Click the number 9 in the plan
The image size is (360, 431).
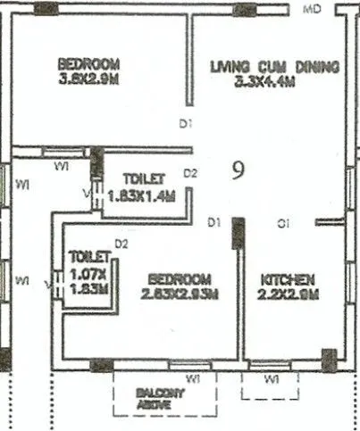click(238, 170)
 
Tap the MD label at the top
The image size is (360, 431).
click(312, 9)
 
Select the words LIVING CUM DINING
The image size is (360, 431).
click(274, 66)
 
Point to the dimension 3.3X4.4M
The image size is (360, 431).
click(264, 82)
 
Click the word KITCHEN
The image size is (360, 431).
click(287, 279)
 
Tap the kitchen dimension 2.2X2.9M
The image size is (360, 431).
click(287, 294)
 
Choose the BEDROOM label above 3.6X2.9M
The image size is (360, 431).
click(88, 64)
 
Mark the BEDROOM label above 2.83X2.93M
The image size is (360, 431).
click(180, 278)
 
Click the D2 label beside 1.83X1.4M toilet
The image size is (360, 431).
click(190, 172)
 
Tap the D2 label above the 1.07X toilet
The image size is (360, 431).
click(122, 243)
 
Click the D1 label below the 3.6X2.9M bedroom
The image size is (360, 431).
click(185, 124)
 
